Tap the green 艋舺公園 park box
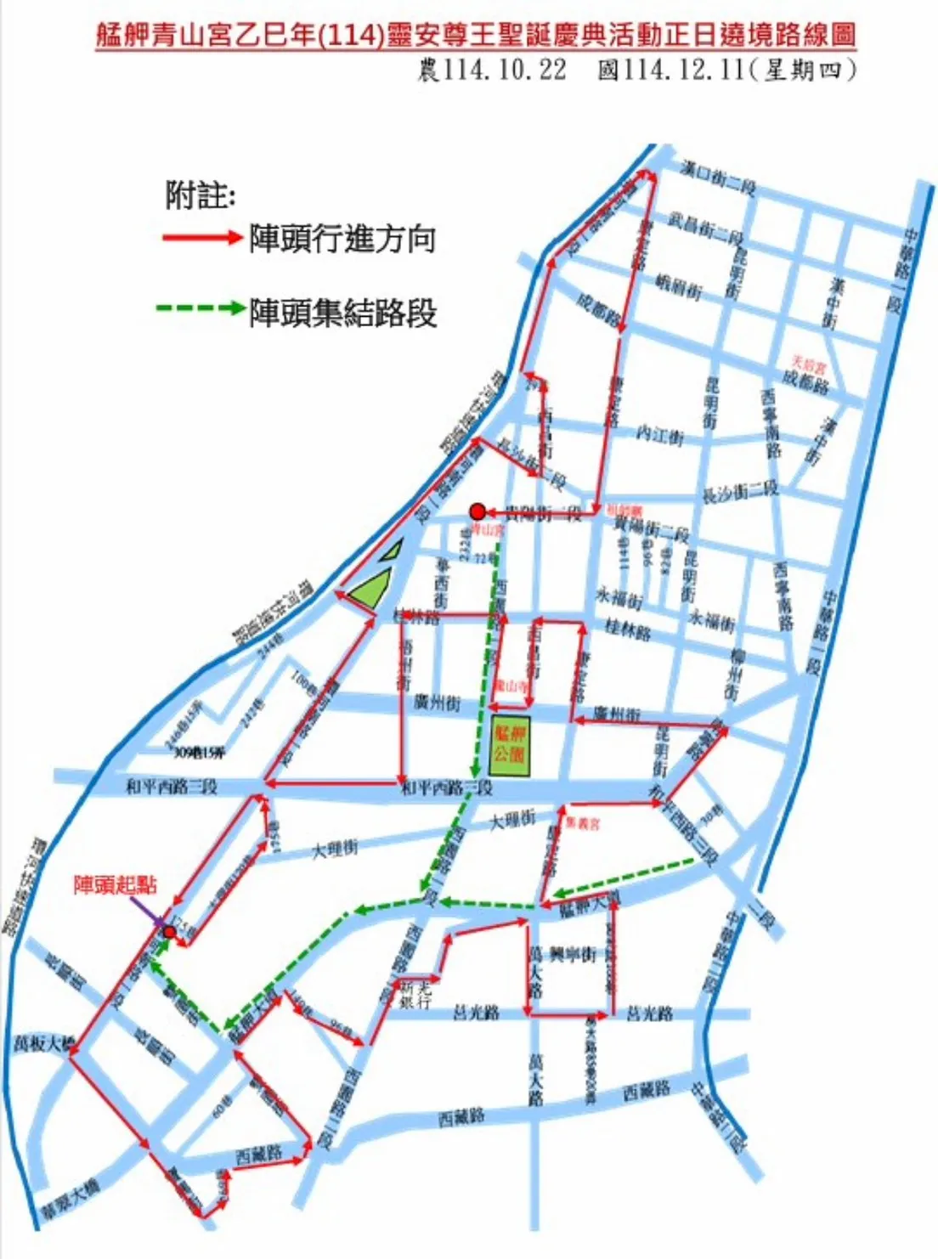510,747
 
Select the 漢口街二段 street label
718,176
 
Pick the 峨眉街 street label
679,287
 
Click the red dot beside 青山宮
477,511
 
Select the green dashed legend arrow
201,308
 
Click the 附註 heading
200,196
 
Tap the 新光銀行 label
415,995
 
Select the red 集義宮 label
584,823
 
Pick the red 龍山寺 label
511,685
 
